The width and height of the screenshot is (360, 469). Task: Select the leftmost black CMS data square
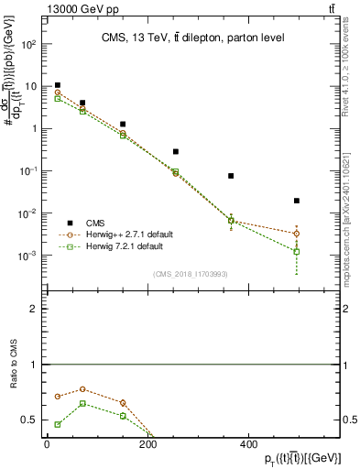click(58, 85)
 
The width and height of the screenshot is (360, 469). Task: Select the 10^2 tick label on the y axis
click(29, 44)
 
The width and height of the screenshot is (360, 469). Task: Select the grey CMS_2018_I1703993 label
click(191, 273)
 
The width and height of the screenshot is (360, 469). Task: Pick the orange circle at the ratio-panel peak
click(82, 389)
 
